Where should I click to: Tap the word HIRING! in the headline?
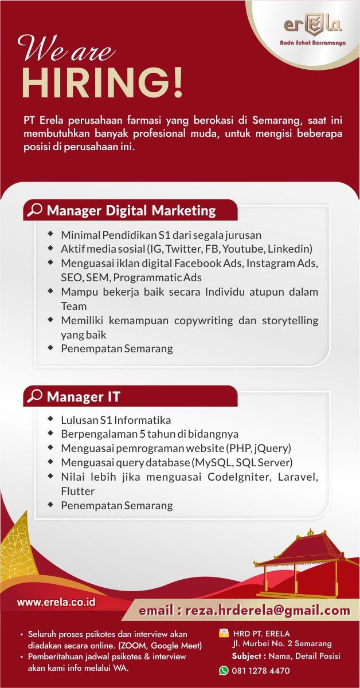103,82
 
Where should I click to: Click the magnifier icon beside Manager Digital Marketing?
34,210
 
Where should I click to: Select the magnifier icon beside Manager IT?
34,396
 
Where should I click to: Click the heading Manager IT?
83,396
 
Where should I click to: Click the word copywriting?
204,321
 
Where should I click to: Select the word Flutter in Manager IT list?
77,491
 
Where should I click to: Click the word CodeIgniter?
240,477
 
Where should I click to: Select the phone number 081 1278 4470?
261,670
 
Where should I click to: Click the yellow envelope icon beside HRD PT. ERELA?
224,633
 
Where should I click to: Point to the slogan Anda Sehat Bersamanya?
312,43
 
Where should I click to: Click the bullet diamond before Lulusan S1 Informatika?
50,419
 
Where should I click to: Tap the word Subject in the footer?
246,656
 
